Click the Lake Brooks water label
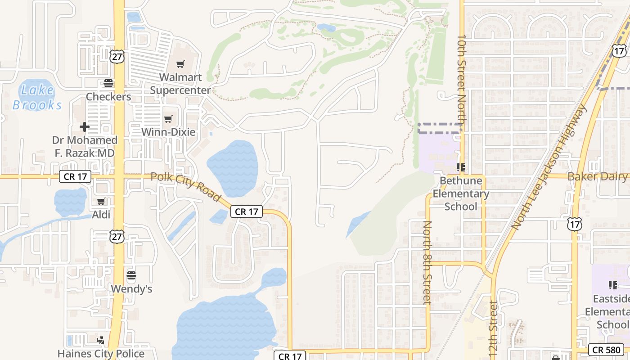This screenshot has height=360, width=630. point(37,97)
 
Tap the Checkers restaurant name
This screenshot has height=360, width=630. point(108,96)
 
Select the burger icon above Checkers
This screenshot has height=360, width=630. point(108,83)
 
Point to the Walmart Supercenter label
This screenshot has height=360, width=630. point(180,84)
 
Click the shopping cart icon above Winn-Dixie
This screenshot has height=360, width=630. point(168,119)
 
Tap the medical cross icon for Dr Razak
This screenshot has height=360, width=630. point(84,127)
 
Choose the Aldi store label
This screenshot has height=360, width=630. point(101,215)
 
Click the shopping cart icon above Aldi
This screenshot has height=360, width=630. point(101,201)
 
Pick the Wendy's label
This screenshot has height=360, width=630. point(131,288)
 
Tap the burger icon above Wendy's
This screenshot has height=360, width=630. point(131,275)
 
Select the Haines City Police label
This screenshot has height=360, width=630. point(101,354)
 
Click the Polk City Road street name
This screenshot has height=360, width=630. point(186,187)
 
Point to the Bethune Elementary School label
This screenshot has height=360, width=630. point(461,193)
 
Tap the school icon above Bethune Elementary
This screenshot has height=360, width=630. point(460,168)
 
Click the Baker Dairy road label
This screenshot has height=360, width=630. point(597,176)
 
